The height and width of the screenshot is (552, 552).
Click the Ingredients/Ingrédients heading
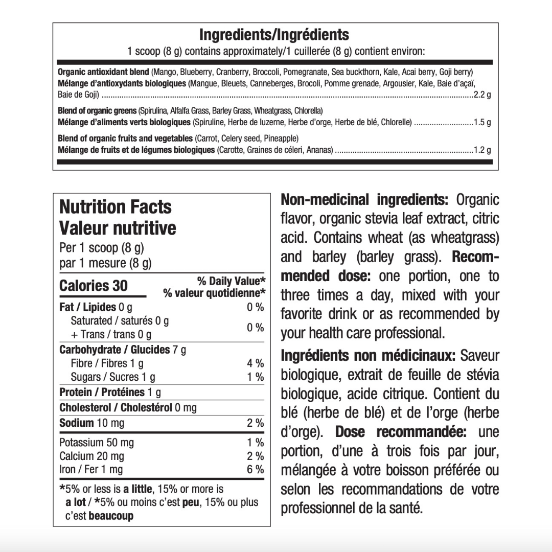pyautogui.click(x=274, y=35)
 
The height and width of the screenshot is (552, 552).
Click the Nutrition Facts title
pyautogui.click(x=116, y=207)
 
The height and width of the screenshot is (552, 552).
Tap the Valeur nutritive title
pyautogui.click(x=118, y=228)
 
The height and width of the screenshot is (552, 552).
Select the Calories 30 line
pyautogui.click(x=94, y=286)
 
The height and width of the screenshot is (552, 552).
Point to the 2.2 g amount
pyautogui.click(x=482, y=95)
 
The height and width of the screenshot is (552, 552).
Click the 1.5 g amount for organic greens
pyautogui.click(x=482, y=123)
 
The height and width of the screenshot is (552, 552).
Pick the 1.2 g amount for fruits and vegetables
pyautogui.click(x=482, y=150)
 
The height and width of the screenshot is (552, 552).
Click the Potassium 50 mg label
pyautogui.click(x=97, y=443)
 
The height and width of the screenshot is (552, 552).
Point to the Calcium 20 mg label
pyautogui.click(x=92, y=456)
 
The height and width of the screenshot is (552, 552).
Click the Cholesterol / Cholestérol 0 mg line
pyautogui.click(x=128, y=408)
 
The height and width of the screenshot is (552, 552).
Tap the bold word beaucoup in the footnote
pyautogui.click(x=111, y=516)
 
